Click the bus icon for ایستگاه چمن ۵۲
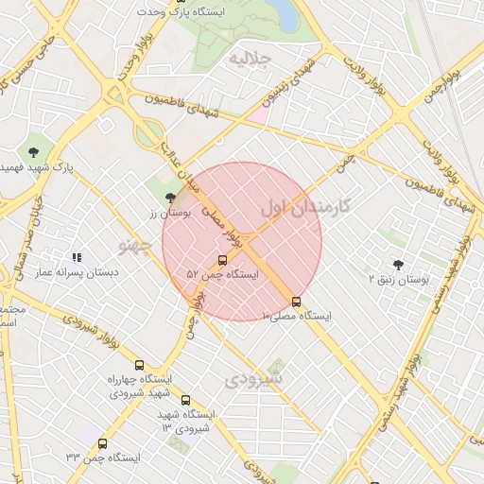[222, 260]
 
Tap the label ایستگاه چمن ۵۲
[222, 274]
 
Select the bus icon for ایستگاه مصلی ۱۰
[297, 302]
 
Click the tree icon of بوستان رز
[170, 198]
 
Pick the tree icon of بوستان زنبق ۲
[398, 266]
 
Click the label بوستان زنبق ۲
[398, 281]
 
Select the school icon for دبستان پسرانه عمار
[77, 257]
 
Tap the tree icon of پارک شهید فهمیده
[34, 151]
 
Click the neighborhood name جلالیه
[251, 59]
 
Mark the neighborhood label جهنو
[136, 246]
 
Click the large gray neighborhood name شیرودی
[255, 379]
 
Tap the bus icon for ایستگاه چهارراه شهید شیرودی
[140, 365]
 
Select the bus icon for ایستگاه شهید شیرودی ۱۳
[185, 400]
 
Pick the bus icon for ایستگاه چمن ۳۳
[102, 443]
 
